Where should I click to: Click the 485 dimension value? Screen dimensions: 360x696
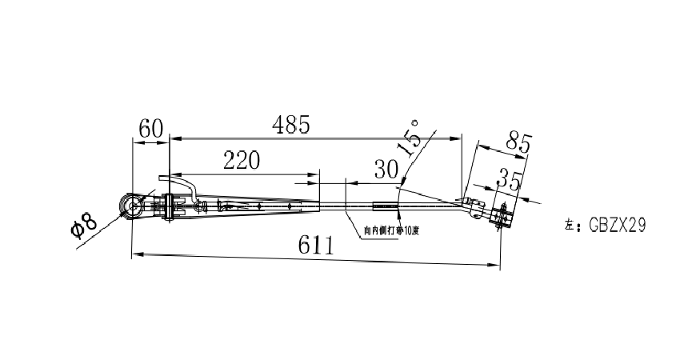tap(291, 125)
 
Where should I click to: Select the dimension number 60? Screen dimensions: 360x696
tap(150, 128)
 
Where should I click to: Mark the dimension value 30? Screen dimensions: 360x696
tap(386, 169)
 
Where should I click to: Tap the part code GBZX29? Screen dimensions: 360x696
tap(617, 226)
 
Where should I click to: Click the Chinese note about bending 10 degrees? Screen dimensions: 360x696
tap(390, 230)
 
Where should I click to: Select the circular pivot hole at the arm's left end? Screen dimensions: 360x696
tap(131, 206)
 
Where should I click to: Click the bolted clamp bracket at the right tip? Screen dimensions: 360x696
tap(502, 216)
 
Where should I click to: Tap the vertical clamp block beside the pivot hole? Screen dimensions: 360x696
tap(169, 207)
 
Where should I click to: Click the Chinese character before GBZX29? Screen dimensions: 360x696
tap(569, 226)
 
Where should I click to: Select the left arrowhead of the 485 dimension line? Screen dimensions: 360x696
tap(174, 139)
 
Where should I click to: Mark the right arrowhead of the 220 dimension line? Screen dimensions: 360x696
tap(316, 174)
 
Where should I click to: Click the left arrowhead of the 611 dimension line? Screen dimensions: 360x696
tap(135, 254)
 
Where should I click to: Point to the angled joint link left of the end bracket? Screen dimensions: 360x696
tap(474, 206)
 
